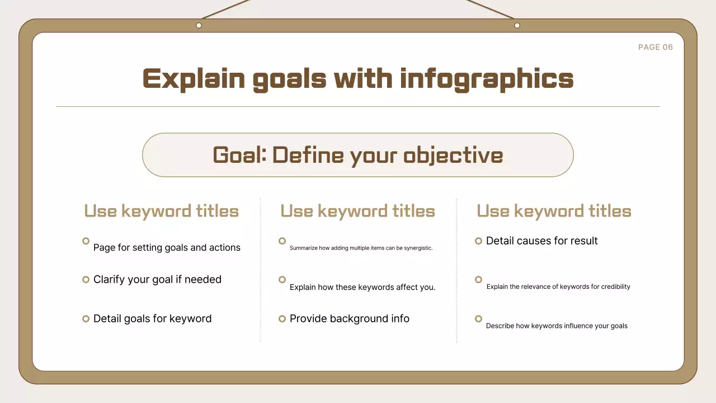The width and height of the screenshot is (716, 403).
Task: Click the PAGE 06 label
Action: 655,48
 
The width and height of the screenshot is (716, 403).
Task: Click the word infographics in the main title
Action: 487,79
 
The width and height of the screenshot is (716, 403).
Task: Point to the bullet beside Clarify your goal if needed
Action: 86,279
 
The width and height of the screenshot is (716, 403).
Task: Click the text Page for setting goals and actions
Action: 167,247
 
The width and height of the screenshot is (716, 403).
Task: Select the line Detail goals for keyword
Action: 152,318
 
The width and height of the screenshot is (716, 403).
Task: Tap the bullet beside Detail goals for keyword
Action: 86,318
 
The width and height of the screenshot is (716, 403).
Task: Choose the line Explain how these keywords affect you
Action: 362,287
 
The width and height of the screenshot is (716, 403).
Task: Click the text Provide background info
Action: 349,318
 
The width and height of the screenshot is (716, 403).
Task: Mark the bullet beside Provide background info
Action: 282,318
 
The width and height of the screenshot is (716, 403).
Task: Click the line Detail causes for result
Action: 541,241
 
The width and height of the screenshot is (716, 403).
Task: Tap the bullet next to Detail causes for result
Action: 478,241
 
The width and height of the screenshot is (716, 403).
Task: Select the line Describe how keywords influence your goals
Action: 557,326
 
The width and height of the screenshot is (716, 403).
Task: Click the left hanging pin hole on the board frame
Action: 199,25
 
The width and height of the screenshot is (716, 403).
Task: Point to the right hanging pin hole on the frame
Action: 517,25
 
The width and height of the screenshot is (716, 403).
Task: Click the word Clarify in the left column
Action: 110,279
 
